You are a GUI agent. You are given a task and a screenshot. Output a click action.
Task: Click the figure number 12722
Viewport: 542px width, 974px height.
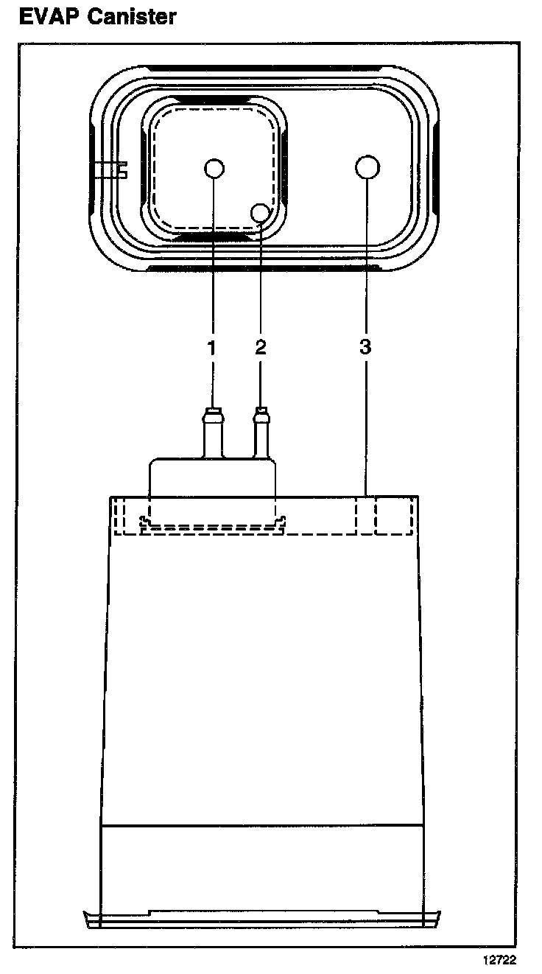(x=499, y=960)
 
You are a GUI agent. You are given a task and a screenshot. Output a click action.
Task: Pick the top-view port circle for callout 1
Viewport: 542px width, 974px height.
(x=214, y=169)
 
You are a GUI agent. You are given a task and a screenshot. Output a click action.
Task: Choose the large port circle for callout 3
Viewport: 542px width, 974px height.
(x=367, y=168)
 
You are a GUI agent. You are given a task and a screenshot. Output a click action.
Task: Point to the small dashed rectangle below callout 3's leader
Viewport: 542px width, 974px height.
(x=393, y=516)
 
